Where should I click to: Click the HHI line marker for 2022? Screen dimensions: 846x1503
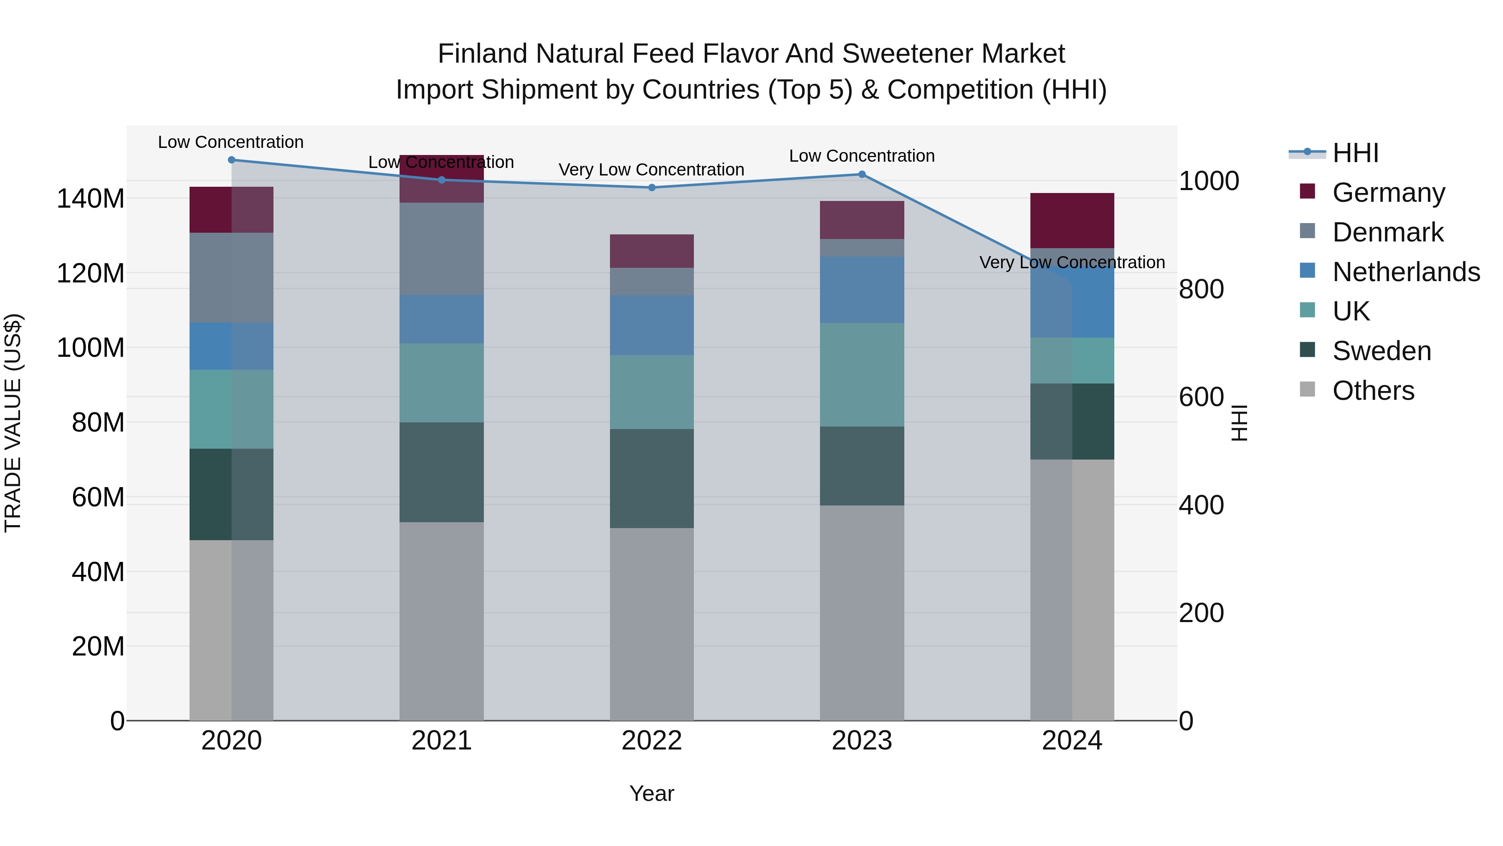point(652,188)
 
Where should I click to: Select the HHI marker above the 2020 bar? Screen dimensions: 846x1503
point(232,160)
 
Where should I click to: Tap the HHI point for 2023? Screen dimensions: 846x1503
point(862,174)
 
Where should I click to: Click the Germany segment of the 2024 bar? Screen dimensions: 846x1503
point(1072,220)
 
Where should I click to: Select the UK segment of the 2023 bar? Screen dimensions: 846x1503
point(862,374)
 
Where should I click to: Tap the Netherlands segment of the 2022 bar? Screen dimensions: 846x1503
point(652,325)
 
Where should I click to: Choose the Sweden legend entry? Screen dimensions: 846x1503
point(1381,351)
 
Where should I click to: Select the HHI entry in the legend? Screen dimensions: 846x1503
point(1355,153)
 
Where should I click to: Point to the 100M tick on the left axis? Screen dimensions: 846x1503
point(91,348)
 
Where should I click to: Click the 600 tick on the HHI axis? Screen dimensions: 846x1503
point(1201,397)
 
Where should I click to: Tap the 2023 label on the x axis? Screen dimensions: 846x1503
point(862,741)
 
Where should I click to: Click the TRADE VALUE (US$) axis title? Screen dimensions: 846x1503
point(13,423)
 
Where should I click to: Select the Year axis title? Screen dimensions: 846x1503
point(652,793)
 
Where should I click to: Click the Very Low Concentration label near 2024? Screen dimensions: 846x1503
point(1072,263)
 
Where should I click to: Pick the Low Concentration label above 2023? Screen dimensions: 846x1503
point(862,156)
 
